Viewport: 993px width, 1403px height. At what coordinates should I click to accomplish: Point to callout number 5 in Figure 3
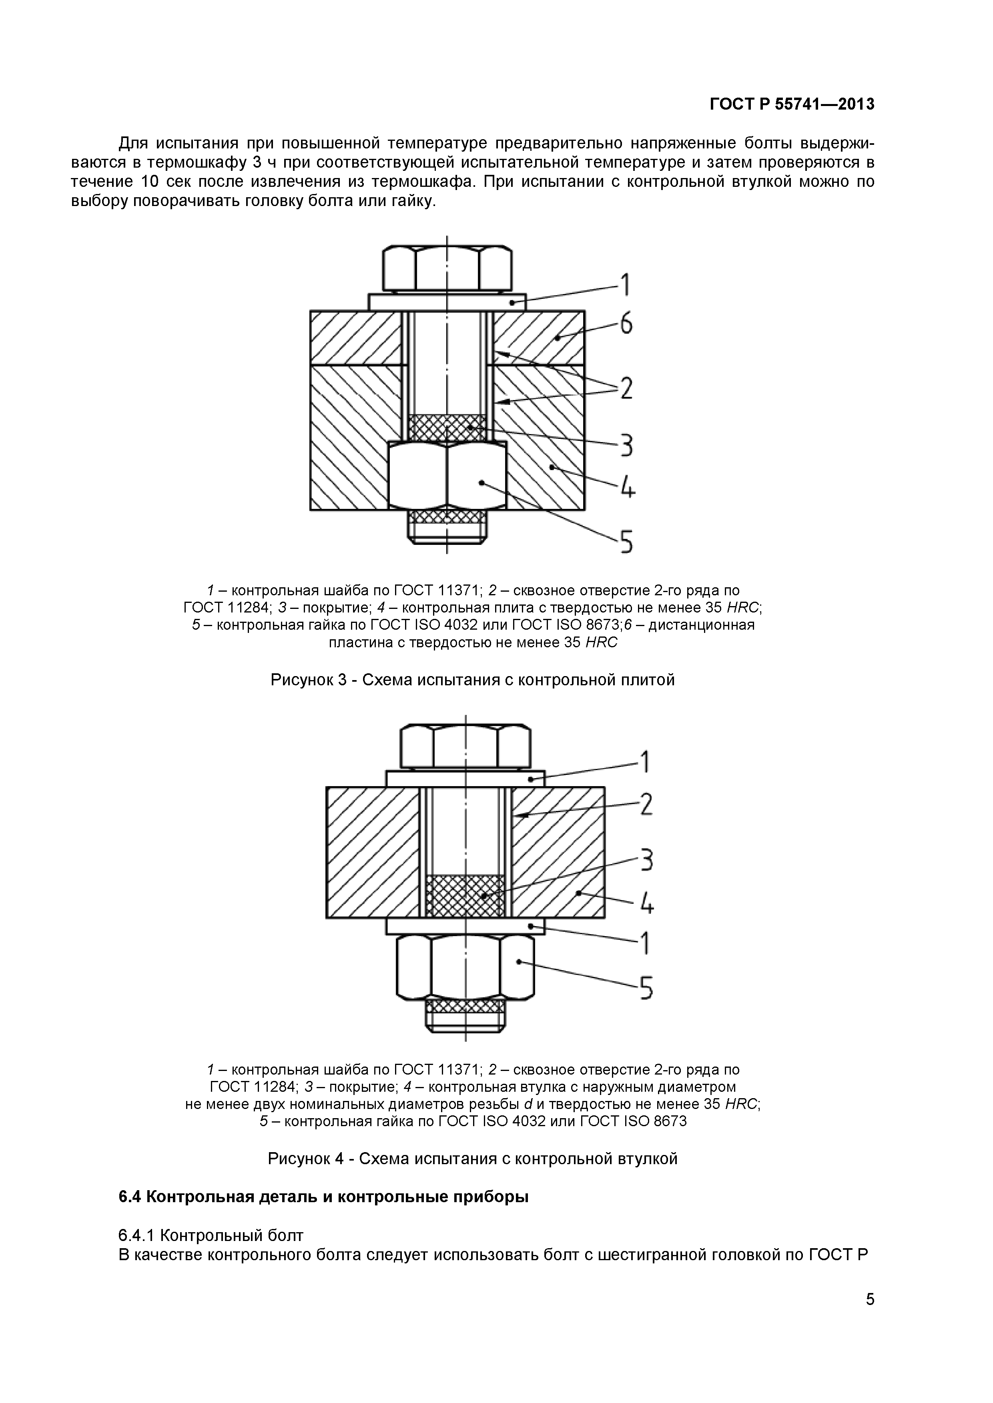pos(626,541)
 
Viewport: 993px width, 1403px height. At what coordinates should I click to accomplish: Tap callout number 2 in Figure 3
pos(626,388)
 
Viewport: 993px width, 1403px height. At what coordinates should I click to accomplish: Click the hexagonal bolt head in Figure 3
pos(447,268)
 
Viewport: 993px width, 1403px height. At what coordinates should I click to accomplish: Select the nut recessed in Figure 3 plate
pos(447,475)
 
